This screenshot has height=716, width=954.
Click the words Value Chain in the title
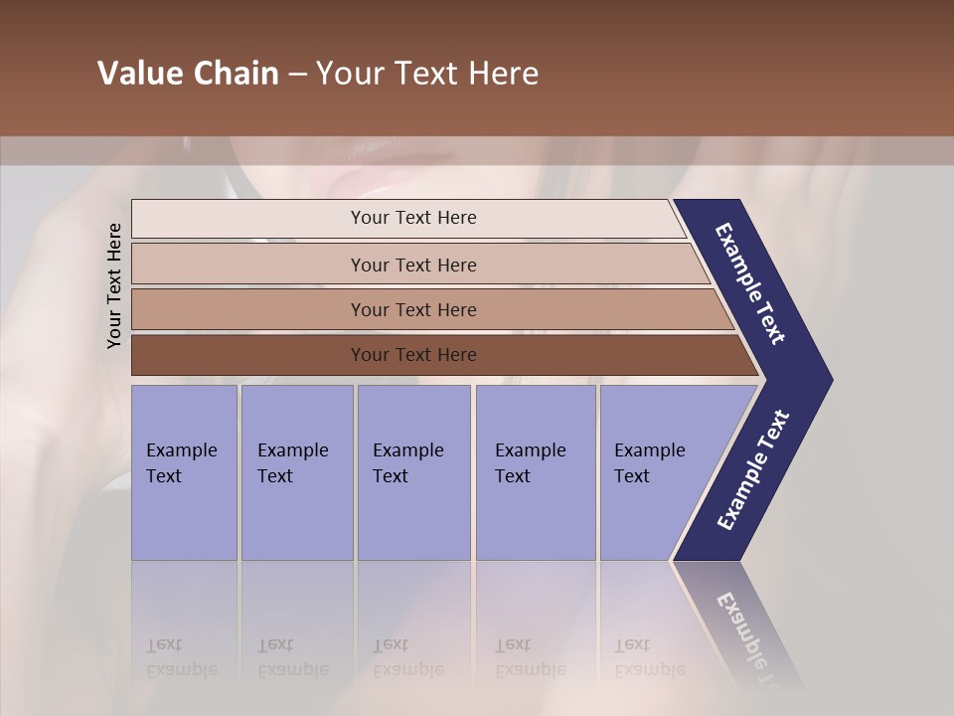[188, 74]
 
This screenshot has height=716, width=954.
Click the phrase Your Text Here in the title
[427, 74]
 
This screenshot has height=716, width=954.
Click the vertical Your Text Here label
[114, 285]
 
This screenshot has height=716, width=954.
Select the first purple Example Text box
[184, 472]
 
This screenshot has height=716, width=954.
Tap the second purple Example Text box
[296, 472]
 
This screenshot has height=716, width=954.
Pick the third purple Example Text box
[413, 472]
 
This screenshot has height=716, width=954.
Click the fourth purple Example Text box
[536, 472]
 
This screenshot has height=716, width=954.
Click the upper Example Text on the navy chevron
[750, 283]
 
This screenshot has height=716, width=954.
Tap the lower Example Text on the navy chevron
[752, 470]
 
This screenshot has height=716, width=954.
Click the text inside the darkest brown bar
[413, 355]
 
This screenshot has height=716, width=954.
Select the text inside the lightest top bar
[413, 218]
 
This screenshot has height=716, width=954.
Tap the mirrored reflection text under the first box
[181, 657]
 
